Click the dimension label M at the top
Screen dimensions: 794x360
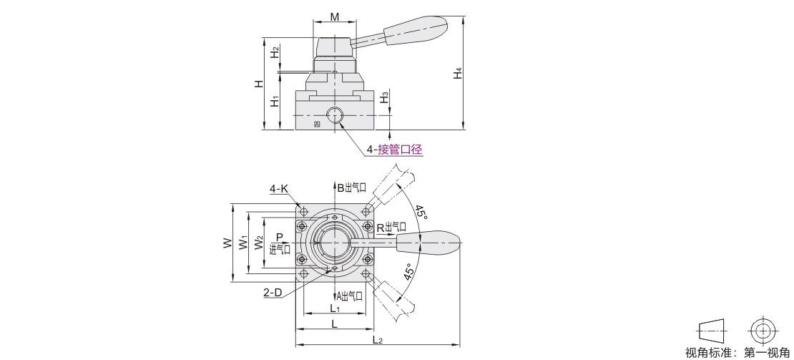point(334,16)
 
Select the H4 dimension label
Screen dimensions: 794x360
point(459,73)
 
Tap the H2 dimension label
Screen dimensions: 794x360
point(274,52)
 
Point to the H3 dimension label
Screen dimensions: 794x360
point(386,96)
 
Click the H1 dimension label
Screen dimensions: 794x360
point(274,101)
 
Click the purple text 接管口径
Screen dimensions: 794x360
point(400,150)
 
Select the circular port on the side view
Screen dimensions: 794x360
point(334,115)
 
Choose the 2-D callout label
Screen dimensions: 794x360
point(273,292)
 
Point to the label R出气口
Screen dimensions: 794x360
point(391,228)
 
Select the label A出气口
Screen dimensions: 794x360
point(349,296)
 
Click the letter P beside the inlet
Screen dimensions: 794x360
point(280,237)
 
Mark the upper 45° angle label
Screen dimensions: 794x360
point(421,211)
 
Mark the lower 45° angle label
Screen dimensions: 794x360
point(410,272)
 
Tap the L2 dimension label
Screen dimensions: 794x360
point(377,340)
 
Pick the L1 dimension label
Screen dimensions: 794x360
point(334,308)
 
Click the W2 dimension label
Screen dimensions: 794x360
point(259,243)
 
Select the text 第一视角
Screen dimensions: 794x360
point(767,352)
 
